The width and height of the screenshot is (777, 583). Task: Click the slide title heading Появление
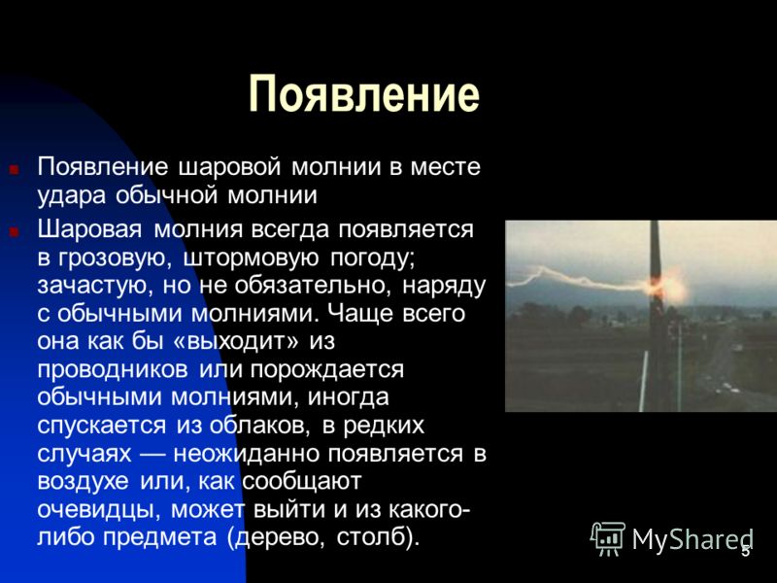(364, 94)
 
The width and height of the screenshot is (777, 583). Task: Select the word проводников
(115, 370)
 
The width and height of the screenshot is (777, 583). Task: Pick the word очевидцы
(95, 509)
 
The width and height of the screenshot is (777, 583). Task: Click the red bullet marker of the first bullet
(15, 169)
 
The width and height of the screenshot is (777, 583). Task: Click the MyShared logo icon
(608, 537)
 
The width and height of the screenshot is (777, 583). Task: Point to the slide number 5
(745, 552)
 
